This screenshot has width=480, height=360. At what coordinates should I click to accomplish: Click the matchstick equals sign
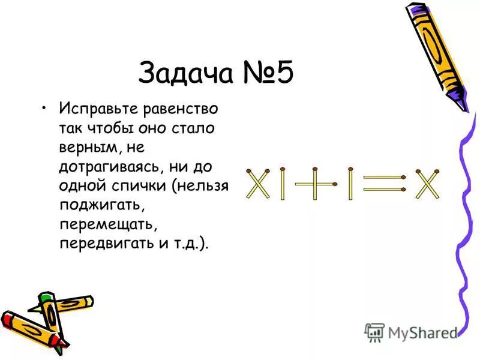[385, 183]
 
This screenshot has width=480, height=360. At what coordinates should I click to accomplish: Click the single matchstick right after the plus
[349, 184]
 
